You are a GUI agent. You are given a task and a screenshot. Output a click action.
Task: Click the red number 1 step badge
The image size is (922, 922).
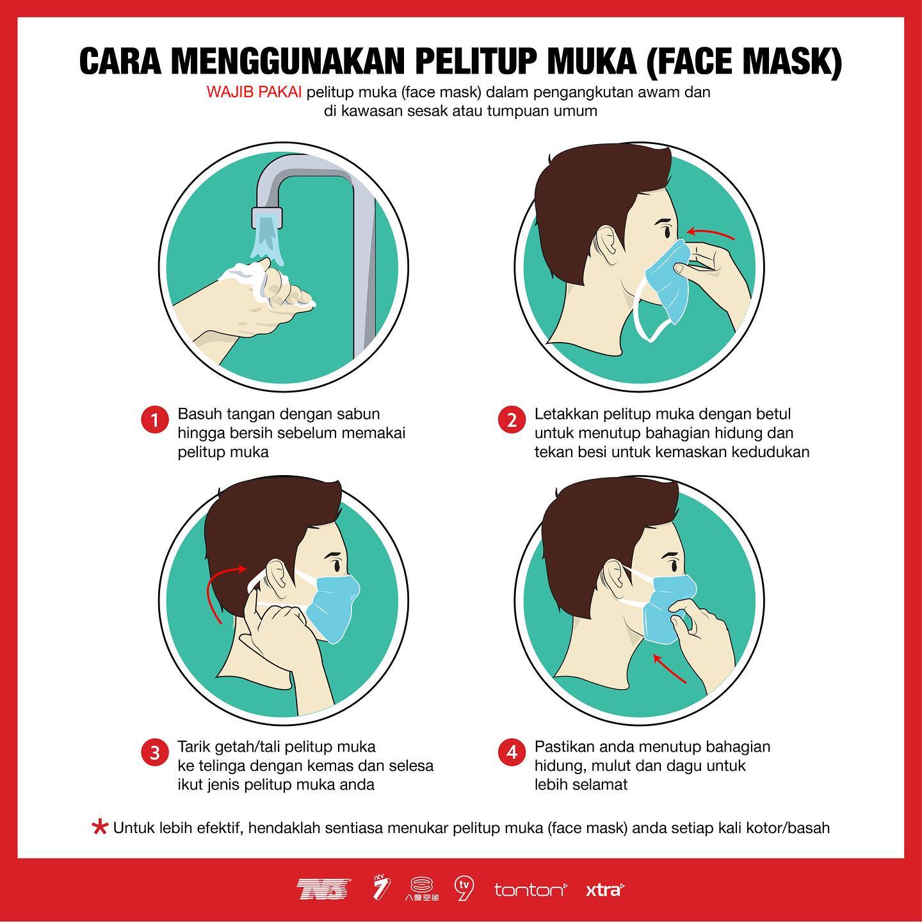[154, 419]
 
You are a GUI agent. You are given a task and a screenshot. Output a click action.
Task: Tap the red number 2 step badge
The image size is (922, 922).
[512, 419]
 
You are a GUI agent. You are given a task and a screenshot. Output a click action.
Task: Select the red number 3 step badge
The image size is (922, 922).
[154, 752]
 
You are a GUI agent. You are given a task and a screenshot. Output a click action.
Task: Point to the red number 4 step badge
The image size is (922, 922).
[512, 752]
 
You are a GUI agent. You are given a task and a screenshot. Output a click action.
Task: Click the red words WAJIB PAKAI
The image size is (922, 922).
[254, 92]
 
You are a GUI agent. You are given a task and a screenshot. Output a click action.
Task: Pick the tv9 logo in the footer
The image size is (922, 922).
[464, 889]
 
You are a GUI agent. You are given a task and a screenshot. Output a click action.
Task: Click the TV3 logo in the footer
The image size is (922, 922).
[324, 889]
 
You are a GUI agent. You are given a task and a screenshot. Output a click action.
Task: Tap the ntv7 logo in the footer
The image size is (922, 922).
[382, 888]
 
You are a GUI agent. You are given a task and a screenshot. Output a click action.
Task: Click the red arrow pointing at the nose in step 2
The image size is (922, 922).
[711, 232]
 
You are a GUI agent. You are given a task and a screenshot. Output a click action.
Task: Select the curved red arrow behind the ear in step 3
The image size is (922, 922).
[213, 586]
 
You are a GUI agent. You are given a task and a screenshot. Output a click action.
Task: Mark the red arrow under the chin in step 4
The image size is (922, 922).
[669, 669]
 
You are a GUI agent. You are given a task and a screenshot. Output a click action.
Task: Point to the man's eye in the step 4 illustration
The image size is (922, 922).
[673, 565]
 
